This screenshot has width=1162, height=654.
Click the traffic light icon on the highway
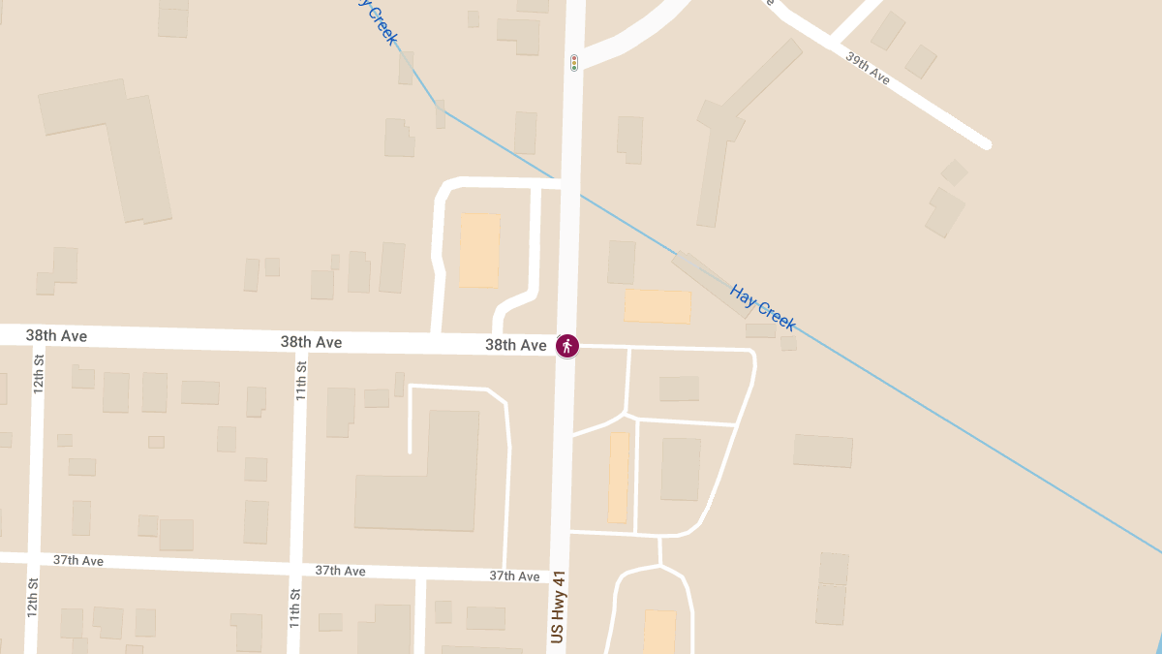click(574, 63)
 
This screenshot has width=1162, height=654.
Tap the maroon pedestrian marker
click(567, 345)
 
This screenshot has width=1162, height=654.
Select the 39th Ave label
click(868, 69)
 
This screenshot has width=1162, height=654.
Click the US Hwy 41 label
click(558, 607)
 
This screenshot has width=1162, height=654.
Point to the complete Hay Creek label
click(763, 308)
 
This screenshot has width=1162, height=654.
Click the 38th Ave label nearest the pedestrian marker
click(516, 345)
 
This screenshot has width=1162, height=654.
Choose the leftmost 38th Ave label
click(56, 336)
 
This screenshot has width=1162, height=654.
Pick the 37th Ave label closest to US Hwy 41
click(514, 576)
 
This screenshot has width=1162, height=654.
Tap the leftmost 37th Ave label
click(78, 561)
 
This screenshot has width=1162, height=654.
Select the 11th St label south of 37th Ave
click(294, 607)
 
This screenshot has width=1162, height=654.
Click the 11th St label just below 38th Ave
click(301, 381)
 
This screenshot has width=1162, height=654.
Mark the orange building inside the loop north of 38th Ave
click(479, 250)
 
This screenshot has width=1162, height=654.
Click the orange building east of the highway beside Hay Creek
click(657, 306)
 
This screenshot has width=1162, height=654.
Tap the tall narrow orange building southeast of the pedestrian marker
click(618, 477)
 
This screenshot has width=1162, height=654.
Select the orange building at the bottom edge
click(659, 632)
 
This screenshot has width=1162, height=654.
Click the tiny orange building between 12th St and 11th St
click(156, 442)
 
